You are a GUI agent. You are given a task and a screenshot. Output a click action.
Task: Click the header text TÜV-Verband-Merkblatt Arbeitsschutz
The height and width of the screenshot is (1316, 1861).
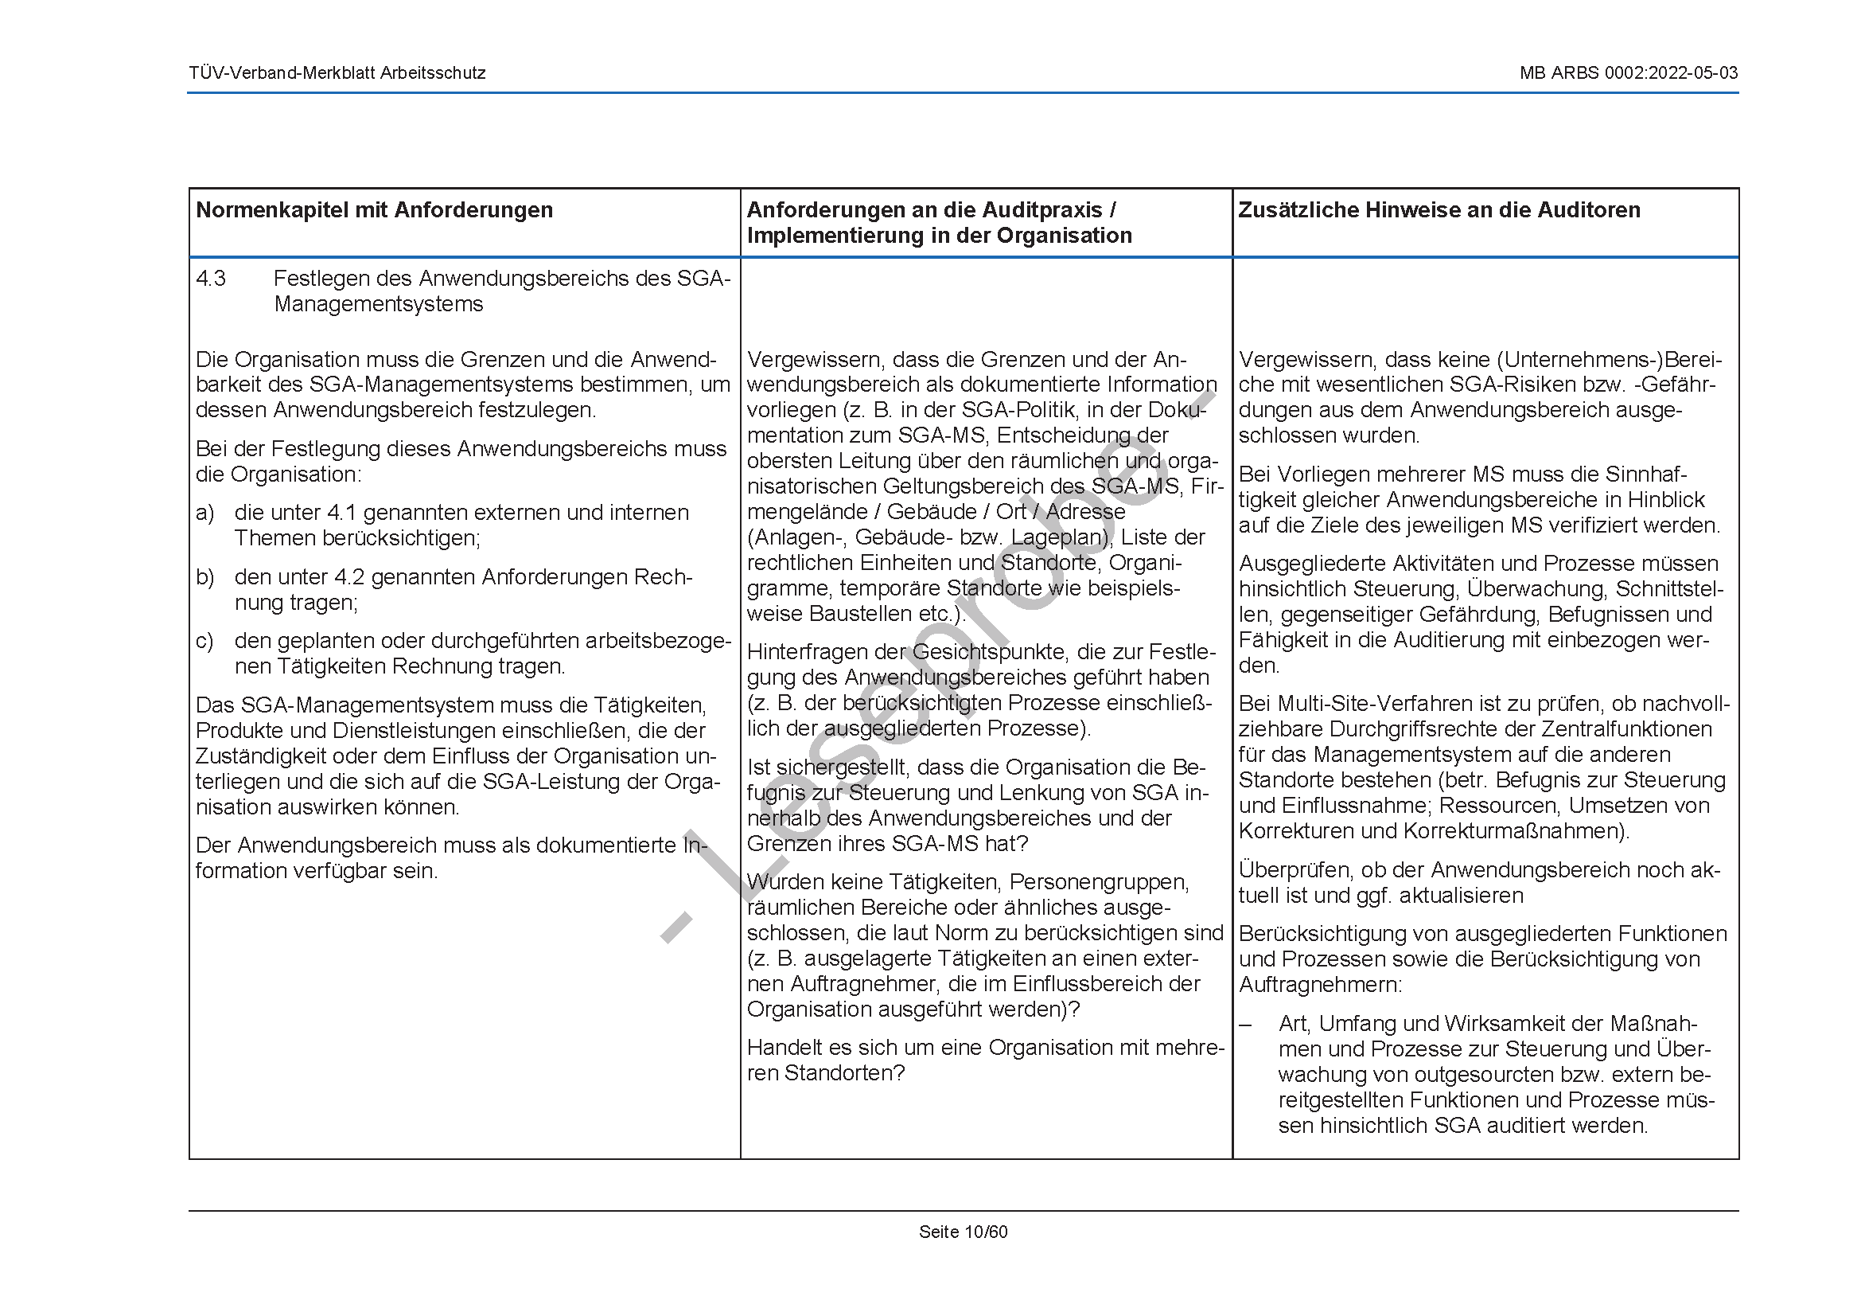(x=337, y=73)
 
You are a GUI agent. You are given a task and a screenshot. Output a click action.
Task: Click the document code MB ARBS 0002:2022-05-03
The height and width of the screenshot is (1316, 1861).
(x=1629, y=73)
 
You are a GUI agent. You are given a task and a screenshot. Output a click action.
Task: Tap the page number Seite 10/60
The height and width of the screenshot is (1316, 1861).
(x=963, y=1232)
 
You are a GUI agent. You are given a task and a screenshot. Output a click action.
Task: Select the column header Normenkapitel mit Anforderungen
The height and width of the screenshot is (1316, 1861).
(x=375, y=210)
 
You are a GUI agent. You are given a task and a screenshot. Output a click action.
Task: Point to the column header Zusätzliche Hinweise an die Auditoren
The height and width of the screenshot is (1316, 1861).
(x=1439, y=210)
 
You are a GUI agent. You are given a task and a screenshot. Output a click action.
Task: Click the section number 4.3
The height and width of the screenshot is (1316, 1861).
(x=211, y=279)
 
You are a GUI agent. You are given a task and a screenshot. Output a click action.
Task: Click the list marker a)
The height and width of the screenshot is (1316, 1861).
(x=205, y=514)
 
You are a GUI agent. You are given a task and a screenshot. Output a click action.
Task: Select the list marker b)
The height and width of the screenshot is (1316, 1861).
(x=205, y=577)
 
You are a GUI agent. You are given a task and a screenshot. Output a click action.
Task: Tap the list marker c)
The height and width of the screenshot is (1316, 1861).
(x=204, y=642)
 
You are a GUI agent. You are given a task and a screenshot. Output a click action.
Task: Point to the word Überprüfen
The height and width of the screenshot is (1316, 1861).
(x=1295, y=870)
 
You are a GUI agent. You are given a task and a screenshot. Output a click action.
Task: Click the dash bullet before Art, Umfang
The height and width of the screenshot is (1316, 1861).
(x=1246, y=1025)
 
